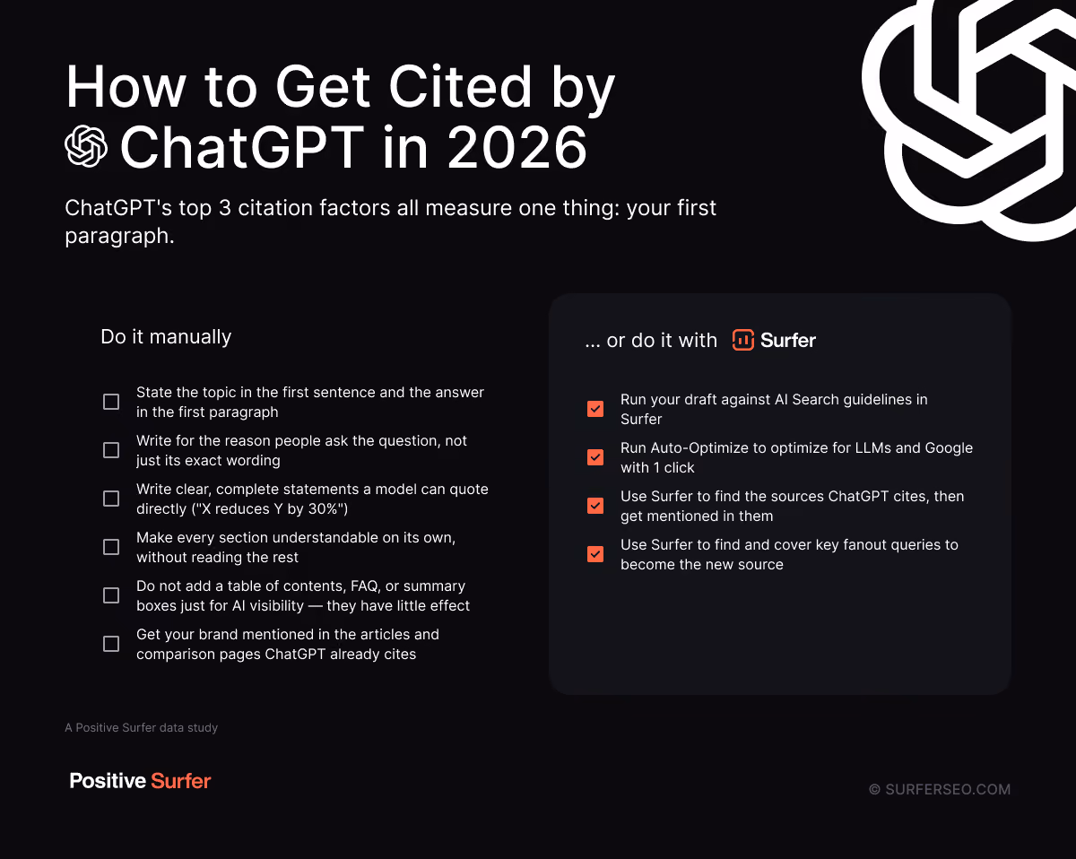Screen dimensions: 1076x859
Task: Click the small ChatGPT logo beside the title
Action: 86,146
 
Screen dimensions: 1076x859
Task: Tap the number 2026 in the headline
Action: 517,147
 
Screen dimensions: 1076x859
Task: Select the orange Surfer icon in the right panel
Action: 743,340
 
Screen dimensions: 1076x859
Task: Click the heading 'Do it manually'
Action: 166,336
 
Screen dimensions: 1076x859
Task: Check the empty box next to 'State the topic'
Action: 111,402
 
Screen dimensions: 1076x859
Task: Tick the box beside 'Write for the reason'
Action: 111,450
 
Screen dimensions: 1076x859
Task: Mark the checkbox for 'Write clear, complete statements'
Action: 111,499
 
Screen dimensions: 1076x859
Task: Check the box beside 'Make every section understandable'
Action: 111,547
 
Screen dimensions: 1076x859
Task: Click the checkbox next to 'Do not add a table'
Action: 111,595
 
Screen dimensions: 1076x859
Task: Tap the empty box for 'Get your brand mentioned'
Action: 111,644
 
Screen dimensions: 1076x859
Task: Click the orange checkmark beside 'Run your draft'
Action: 595,409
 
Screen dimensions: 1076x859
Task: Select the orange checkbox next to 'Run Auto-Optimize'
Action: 595,457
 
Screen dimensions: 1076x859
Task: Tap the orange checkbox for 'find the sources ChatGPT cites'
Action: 595,506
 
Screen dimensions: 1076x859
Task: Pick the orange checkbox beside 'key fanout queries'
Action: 595,554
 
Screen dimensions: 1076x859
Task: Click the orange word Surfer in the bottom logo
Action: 180,781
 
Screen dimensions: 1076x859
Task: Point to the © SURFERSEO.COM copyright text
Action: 940,789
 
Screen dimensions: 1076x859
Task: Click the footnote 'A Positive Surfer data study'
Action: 141,727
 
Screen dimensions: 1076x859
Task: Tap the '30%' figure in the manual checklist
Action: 325,509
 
